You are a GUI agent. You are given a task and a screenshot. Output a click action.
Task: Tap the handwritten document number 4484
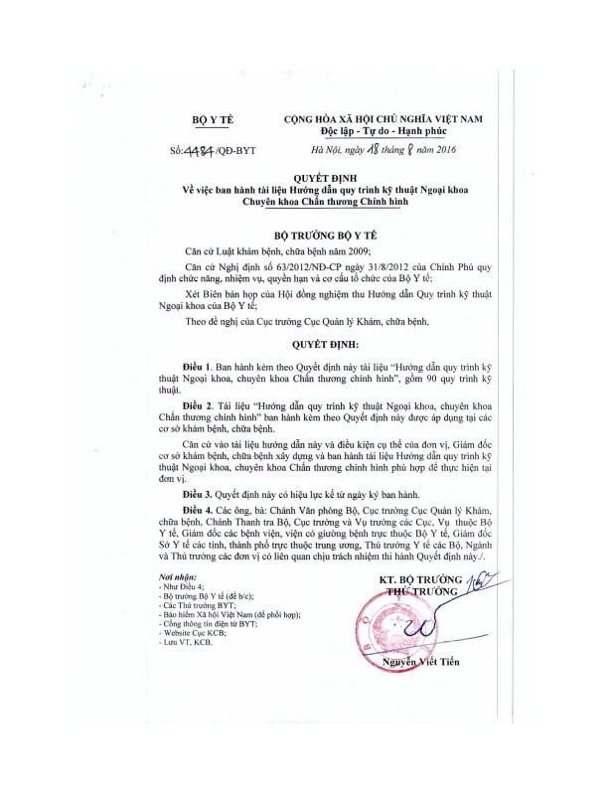(209, 152)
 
